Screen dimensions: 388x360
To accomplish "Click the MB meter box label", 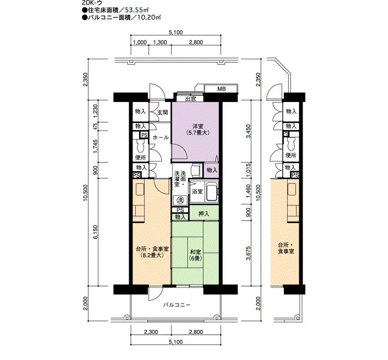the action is pyautogui.click(x=222, y=89).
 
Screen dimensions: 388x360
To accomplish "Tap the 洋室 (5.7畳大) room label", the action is pyautogui.click(x=198, y=129).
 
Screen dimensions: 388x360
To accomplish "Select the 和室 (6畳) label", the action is pyautogui.click(x=195, y=255).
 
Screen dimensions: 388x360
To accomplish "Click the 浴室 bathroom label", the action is pyautogui.click(x=197, y=192).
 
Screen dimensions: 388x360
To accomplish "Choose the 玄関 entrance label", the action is pyautogui.click(x=162, y=112).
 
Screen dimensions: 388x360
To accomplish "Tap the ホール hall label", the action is pyautogui.click(x=161, y=137).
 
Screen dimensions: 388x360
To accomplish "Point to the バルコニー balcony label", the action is pyautogui.click(x=177, y=305).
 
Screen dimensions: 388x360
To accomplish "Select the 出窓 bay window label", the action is pyautogui.click(x=191, y=99).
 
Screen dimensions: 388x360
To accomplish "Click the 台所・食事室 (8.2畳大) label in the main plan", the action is pyautogui.click(x=152, y=252).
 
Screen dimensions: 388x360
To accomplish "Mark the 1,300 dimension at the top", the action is pyautogui.click(x=160, y=42).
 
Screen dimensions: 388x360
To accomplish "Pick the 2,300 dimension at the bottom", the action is pyautogui.click(x=151, y=332).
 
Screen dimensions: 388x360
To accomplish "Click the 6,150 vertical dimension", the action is pyautogui.click(x=95, y=232).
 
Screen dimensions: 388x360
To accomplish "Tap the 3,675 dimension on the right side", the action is pyautogui.click(x=248, y=253).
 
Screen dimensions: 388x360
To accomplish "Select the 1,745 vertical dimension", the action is pyautogui.click(x=95, y=147).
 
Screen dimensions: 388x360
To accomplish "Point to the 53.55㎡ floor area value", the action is pyautogui.click(x=136, y=10).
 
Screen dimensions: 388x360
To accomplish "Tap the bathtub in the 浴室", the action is pyautogui.click(x=212, y=192).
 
